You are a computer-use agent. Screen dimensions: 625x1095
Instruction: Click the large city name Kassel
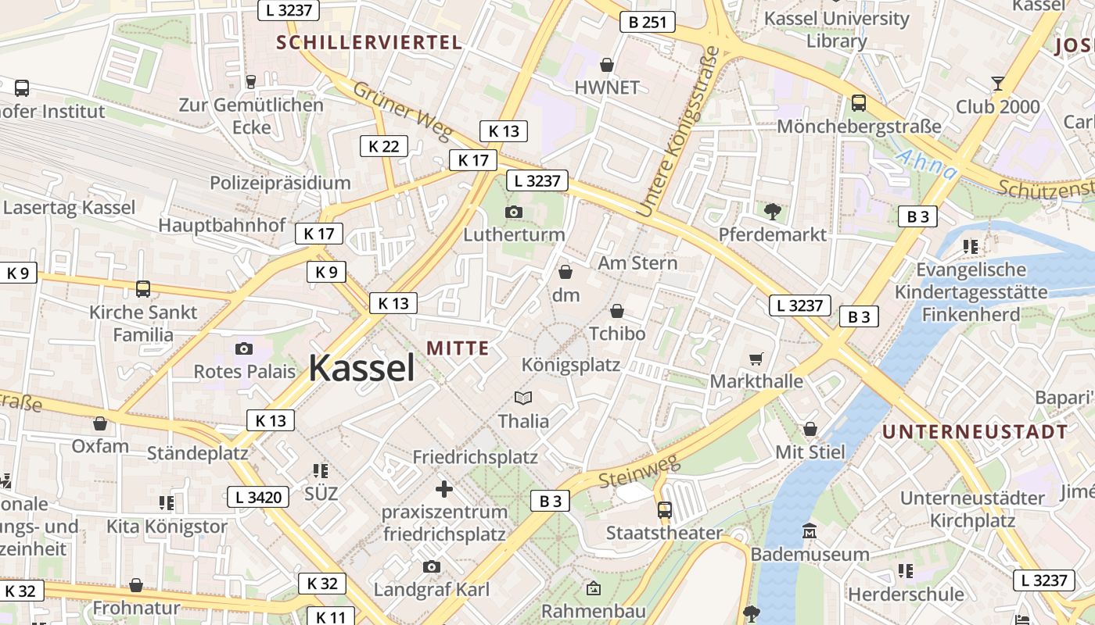pyautogui.click(x=361, y=367)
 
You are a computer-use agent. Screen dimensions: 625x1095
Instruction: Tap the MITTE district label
pyautogui.click(x=458, y=348)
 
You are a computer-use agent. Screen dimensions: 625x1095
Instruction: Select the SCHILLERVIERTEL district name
pyautogui.click(x=369, y=42)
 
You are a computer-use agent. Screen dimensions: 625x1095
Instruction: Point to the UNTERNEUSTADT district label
pyautogui.click(x=975, y=431)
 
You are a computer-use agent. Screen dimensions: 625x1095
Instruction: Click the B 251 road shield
pyautogui.click(x=648, y=22)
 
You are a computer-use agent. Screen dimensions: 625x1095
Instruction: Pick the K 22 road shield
pyautogui.click(x=384, y=146)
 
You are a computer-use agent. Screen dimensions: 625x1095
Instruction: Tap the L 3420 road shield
pyautogui.click(x=259, y=496)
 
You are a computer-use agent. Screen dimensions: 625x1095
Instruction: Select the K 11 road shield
pyautogui.click(x=329, y=616)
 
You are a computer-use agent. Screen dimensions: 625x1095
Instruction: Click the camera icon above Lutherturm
pyautogui.click(x=514, y=212)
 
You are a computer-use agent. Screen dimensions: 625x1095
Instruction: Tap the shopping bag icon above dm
pyautogui.click(x=565, y=272)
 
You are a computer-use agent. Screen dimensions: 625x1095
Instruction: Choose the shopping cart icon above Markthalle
pyautogui.click(x=756, y=359)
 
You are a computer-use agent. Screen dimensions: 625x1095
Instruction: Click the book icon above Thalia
pyautogui.click(x=523, y=398)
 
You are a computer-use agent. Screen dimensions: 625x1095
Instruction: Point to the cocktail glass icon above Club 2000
pyautogui.click(x=998, y=83)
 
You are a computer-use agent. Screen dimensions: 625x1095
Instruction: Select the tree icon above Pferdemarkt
pyautogui.click(x=773, y=211)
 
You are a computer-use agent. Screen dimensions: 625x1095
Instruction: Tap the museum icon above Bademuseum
pyautogui.click(x=810, y=532)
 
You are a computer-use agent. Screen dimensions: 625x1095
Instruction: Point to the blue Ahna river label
pyautogui.click(x=926, y=164)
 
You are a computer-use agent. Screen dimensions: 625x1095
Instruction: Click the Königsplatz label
pyautogui.click(x=571, y=365)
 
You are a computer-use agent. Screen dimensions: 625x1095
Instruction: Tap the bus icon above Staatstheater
pyautogui.click(x=664, y=510)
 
